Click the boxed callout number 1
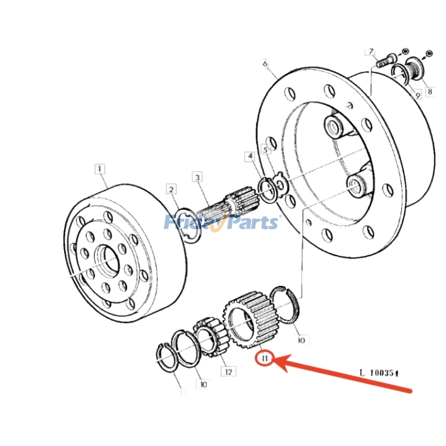99,168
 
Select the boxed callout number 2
172,190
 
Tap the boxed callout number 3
197,177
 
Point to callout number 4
251,157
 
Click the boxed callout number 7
370,52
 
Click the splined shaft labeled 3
229,207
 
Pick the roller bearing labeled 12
211,336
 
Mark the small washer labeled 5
280,184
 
